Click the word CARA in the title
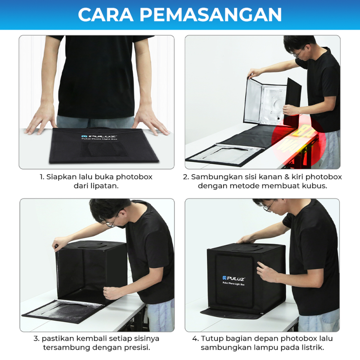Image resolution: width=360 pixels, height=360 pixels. (x=106, y=14)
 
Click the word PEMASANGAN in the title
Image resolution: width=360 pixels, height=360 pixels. (x=211, y=14)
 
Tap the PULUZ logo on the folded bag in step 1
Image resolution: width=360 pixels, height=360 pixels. (x=99, y=136)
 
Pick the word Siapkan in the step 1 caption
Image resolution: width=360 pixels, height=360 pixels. (x=61, y=177)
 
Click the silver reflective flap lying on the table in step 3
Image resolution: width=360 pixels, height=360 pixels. (x=63, y=310)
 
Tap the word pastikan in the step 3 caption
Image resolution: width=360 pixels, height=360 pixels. (x=58, y=339)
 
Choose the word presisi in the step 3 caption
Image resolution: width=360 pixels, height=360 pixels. (x=137, y=347)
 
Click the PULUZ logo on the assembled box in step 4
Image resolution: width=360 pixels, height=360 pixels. (x=234, y=279)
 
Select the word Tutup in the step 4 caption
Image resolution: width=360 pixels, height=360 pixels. (x=212, y=339)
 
